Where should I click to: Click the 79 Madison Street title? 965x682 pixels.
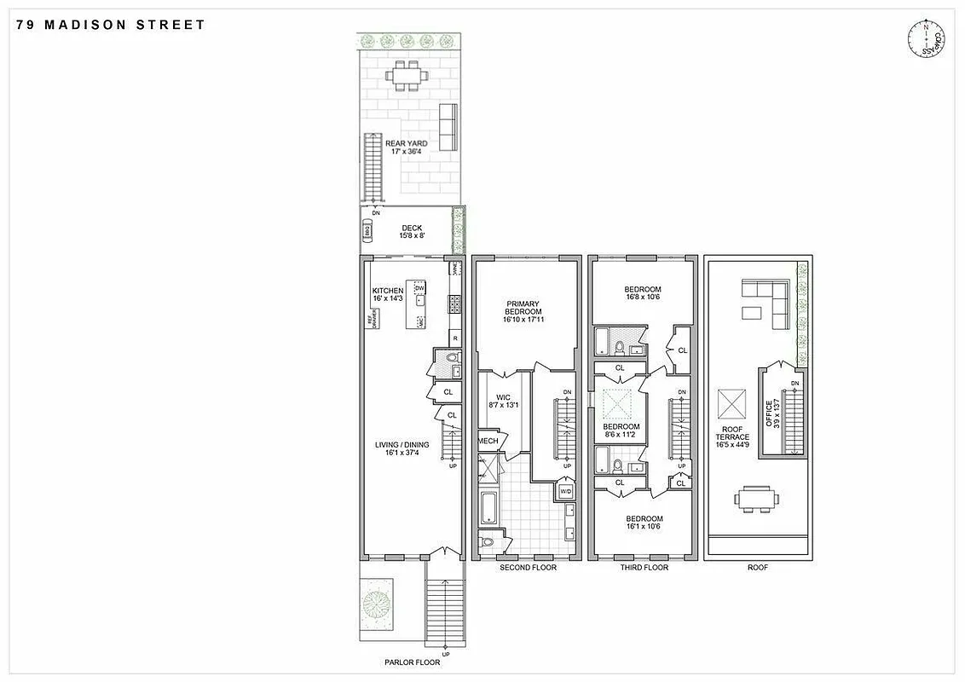pyautogui.click(x=111, y=25)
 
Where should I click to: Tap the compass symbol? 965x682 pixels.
pyautogui.click(x=927, y=39)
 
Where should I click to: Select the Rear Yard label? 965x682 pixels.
pyautogui.click(x=406, y=147)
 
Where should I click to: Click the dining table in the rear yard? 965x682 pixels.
pyautogui.click(x=407, y=77)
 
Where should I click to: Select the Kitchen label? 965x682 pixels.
pyautogui.click(x=388, y=295)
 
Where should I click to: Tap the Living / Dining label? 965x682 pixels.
pyautogui.click(x=402, y=449)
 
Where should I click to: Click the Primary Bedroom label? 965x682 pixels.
pyautogui.click(x=523, y=311)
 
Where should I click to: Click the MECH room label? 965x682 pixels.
pyautogui.click(x=488, y=441)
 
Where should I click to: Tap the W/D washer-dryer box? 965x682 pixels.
pyautogui.click(x=566, y=492)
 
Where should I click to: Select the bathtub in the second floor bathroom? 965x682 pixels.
pyautogui.click(x=488, y=508)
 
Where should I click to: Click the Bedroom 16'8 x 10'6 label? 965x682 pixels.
pyautogui.click(x=643, y=294)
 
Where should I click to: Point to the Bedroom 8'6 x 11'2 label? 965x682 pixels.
pyautogui.click(x=621, y=431)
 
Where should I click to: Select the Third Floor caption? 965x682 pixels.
pyautogui.click(x=644, y=568)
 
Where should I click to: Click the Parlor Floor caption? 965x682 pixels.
pyautogui.click(x=412, y=662)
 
